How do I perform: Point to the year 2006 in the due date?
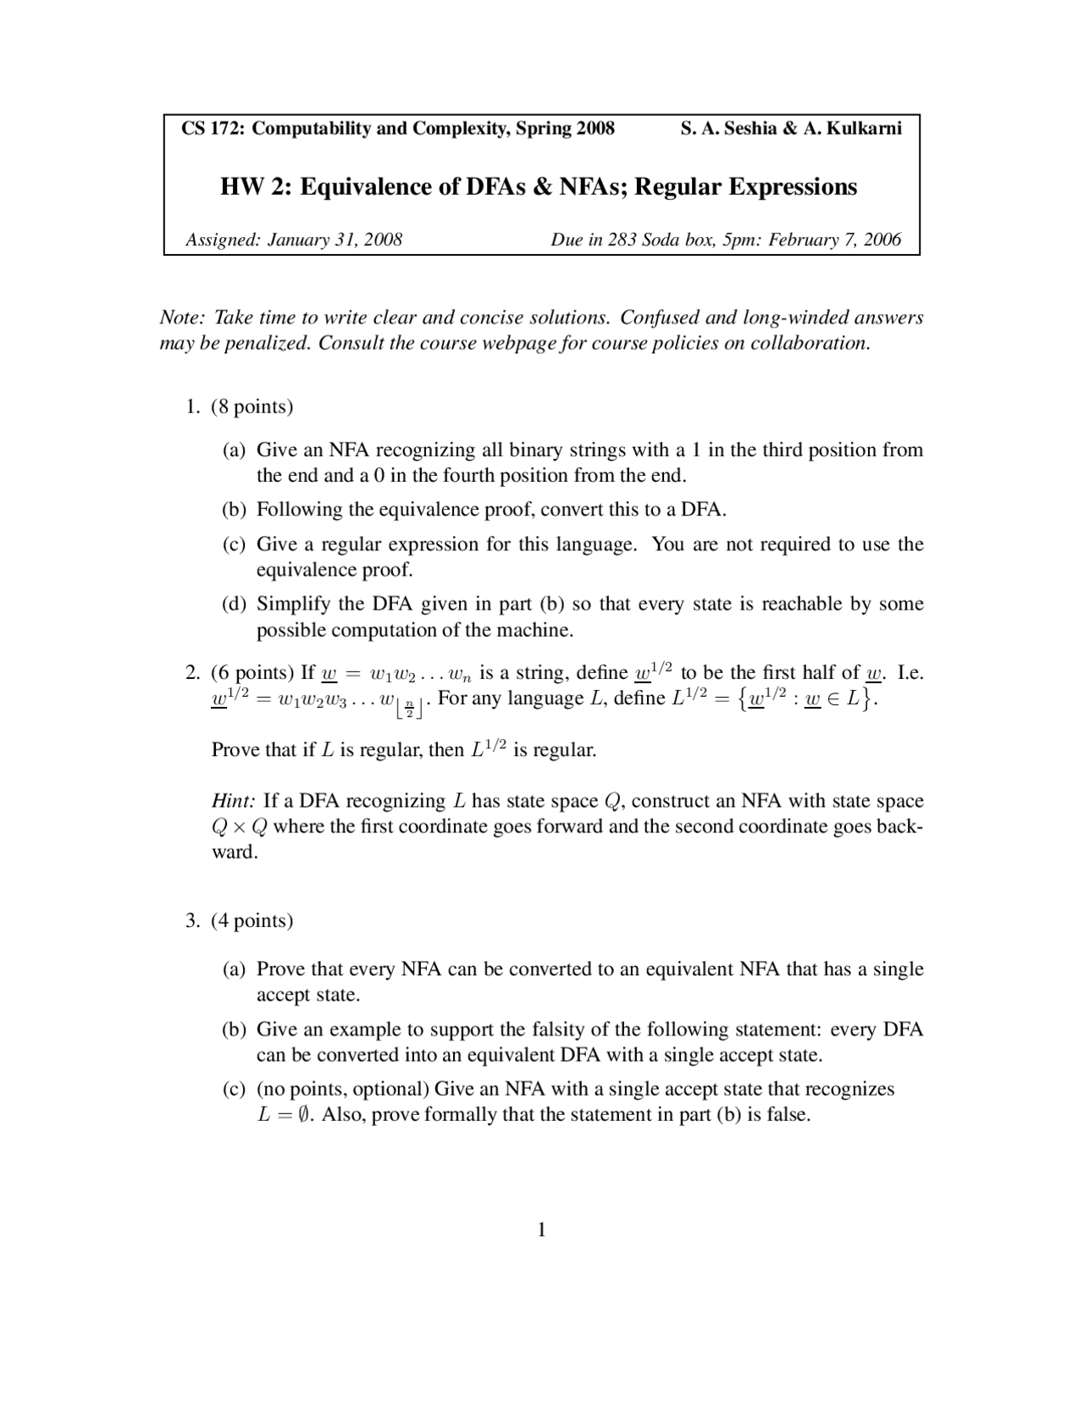(882, 240)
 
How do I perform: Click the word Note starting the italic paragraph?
(181, 317)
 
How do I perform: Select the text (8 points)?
(252, 407)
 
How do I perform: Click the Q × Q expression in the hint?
(239, 827)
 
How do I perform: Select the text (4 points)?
(252, 921)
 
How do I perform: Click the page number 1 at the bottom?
(542, 1230)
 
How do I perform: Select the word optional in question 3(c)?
(390, 1090)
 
